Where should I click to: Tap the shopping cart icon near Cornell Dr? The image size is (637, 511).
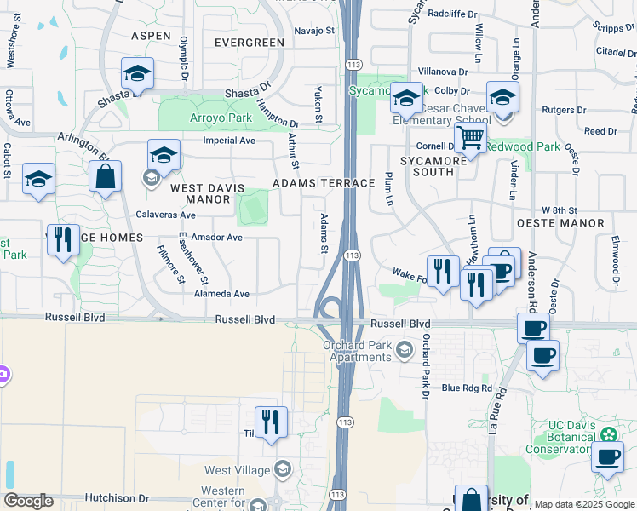point(469,137)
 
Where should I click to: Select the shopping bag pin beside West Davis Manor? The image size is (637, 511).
point(105,177)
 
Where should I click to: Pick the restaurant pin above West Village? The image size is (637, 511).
point(271,422)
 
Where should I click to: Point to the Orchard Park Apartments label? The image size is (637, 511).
point(357,351)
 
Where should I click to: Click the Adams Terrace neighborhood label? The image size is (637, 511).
point(324,183)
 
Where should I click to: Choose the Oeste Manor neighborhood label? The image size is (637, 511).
point(572,223)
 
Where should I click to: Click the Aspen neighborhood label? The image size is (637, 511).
point(152,36)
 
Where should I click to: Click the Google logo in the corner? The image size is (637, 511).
point(28,501)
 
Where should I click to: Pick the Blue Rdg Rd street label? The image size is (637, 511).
point(467,388)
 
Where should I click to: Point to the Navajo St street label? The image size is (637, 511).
point(314,31)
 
